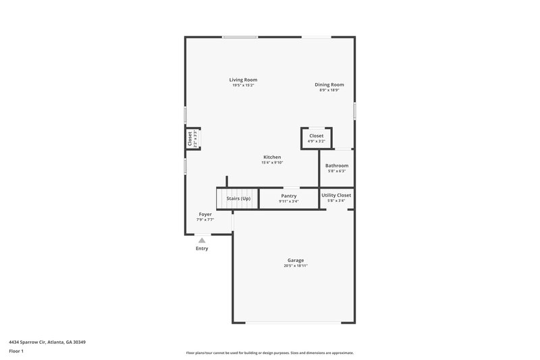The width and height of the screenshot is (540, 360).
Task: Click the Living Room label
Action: tap(243, 80)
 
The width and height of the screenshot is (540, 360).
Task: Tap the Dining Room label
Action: tap(329, 84)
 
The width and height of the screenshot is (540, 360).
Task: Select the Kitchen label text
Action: tap(272, 157)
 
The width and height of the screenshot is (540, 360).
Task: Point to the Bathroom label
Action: tap(337, 165)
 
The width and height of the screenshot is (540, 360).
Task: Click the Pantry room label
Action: tap(289, 196)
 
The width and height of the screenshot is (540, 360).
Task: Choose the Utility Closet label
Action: tap(336, 195)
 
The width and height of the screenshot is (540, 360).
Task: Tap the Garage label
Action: tap(296, 260)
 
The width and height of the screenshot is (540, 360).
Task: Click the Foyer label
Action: tap(205, 214)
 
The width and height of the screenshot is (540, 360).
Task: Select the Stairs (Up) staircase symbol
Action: tap(238, 199)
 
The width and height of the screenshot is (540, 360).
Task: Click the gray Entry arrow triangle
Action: tap(202, 240)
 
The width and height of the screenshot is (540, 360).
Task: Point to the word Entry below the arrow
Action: tap(202, 249)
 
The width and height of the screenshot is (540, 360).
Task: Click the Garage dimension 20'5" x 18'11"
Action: tap(296, 266)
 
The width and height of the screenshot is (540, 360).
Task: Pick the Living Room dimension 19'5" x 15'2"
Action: tap(243, 86)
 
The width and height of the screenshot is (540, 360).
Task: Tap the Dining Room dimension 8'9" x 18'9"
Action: tap(329, 91)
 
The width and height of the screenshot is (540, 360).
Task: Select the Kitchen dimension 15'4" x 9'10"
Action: tap(272, 163)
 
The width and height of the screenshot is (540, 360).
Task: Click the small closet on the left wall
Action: tap(193, 138)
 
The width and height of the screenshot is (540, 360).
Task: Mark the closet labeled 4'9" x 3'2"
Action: tap(316, 138)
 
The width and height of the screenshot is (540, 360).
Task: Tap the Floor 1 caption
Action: tap(16, 352)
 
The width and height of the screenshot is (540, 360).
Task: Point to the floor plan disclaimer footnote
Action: tap(270, 353)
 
